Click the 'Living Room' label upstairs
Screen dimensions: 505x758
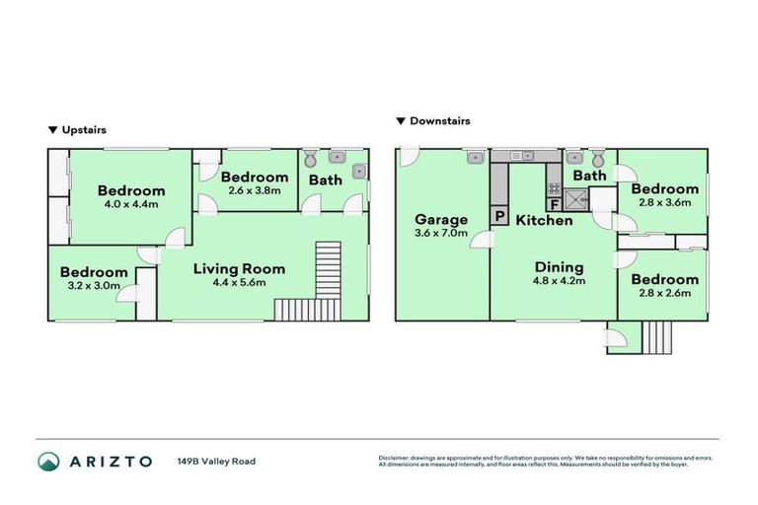(x=239, y=268)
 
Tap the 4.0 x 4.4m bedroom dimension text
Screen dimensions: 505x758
(x=130, y=204)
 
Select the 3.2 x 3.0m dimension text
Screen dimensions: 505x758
(x=94, y=286)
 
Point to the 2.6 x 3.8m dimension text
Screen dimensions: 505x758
(x=254, y=190)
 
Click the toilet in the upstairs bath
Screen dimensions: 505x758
(x=311, y=158)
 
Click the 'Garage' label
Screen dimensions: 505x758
(x=440, y=219)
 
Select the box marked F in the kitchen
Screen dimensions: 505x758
(x=555, y=205)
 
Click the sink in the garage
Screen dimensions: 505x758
(x=475, y=156)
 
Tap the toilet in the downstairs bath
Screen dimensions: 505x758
(x=596, y=158)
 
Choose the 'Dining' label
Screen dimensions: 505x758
(x=559, y=266)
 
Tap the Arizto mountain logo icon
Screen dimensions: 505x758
(x=48, y=461)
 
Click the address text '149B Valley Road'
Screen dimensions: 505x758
(x=216, y=461)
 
